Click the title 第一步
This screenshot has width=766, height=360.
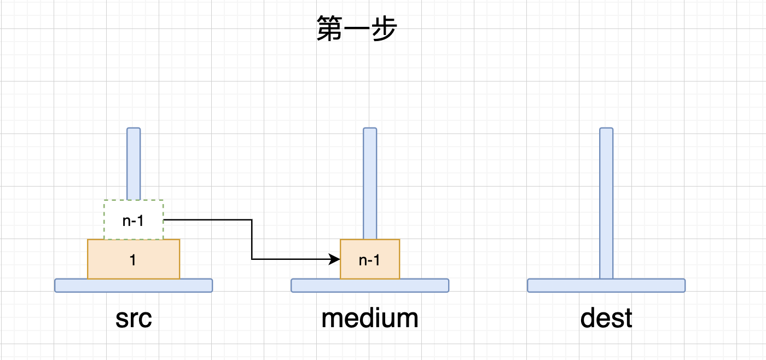(x=356, y=28)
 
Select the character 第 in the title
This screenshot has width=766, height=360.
(x=329, y=28)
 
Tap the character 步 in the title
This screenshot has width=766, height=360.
(x=383, y=28)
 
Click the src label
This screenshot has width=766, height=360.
(x=134, y=318)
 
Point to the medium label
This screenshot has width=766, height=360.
(x=370, y=318)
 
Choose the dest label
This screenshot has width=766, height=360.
(x=606, y=318)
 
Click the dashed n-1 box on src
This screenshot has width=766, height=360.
(x=134, y=220)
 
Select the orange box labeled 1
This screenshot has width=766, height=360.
(x=134, y=259)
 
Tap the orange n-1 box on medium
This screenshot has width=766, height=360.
(x=370, y=259)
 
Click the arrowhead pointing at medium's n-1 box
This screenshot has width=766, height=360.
(x=335, y=259)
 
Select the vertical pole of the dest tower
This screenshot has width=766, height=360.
(x=606, y=202)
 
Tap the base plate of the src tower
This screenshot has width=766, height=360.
(x=134, y=285)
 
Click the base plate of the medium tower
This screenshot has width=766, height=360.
(x=370, y=285)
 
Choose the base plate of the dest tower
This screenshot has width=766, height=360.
(x=606, y=285)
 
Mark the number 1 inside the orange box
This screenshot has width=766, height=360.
(x=133, y=260)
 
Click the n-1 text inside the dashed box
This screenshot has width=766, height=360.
(x=134, y=220)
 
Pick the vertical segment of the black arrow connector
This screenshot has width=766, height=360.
(x=252, y=240)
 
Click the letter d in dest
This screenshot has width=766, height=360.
(x=588, y=318)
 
